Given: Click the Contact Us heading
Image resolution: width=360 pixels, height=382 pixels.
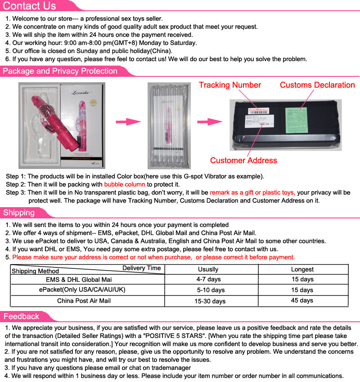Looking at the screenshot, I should click(30, 6).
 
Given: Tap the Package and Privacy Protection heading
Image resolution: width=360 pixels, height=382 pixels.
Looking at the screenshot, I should click(59, 71).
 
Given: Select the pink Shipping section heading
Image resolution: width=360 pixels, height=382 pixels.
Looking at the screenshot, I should click(19, 213).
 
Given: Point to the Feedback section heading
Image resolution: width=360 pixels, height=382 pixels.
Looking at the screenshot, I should click(21, 316).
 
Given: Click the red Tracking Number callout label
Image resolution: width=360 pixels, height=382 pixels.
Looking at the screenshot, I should click(229, 85).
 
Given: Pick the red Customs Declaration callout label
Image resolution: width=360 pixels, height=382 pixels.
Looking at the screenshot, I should click(317, 85).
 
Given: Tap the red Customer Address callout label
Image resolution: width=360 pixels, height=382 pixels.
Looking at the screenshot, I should click(243, 160).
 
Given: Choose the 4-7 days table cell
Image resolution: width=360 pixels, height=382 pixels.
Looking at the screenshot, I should click(208, 280).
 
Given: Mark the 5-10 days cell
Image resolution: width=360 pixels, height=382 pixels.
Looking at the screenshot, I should click(208, 290).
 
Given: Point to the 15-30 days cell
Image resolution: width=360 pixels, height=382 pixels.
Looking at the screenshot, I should click(210, 301).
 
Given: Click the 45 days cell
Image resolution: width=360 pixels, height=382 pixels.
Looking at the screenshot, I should click(302, 301).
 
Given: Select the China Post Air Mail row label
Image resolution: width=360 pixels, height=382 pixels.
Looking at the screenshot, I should click(84, 301).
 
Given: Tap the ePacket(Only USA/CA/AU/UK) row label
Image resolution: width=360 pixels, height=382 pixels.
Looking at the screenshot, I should click(82, 290).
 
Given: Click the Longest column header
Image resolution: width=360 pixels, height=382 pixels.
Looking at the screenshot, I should click(302, 269).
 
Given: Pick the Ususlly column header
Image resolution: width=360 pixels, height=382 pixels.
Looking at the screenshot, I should click(208, 269).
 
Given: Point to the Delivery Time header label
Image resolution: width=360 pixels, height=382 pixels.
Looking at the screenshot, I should click(141, 268).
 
